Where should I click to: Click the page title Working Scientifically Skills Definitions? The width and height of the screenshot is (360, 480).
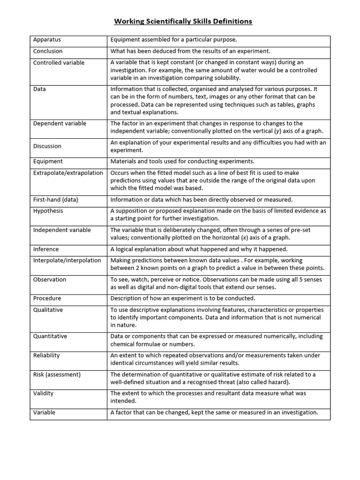tap(183, 22)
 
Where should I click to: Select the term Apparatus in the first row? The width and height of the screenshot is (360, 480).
tap(47, 40)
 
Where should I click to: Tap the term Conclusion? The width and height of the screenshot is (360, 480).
tap(48, 51)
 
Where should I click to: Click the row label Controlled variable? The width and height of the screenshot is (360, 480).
tap(59, 62)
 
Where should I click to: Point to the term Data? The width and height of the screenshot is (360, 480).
tap(39, 89)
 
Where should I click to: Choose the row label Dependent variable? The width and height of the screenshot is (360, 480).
tap(60, 123)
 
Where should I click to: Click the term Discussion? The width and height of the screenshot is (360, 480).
tap(47, 146)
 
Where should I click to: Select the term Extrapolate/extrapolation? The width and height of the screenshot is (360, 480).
tap(68, 173)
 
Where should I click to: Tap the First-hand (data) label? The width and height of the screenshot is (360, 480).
tap(55, 200)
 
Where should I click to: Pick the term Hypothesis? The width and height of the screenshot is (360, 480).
tap(48, 211)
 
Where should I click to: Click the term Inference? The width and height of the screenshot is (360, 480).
tap(46, 249)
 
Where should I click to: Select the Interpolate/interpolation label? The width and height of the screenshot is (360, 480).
tap(67, 260)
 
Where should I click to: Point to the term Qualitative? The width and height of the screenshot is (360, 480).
tap(48, 310)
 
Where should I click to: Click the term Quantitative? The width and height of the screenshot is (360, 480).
tap(50, 336)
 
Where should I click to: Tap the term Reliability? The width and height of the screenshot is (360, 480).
tap(46, 355)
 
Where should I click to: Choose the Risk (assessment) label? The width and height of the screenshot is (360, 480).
tap(57, 375)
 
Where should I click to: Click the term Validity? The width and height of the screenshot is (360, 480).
tap(43, 393)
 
